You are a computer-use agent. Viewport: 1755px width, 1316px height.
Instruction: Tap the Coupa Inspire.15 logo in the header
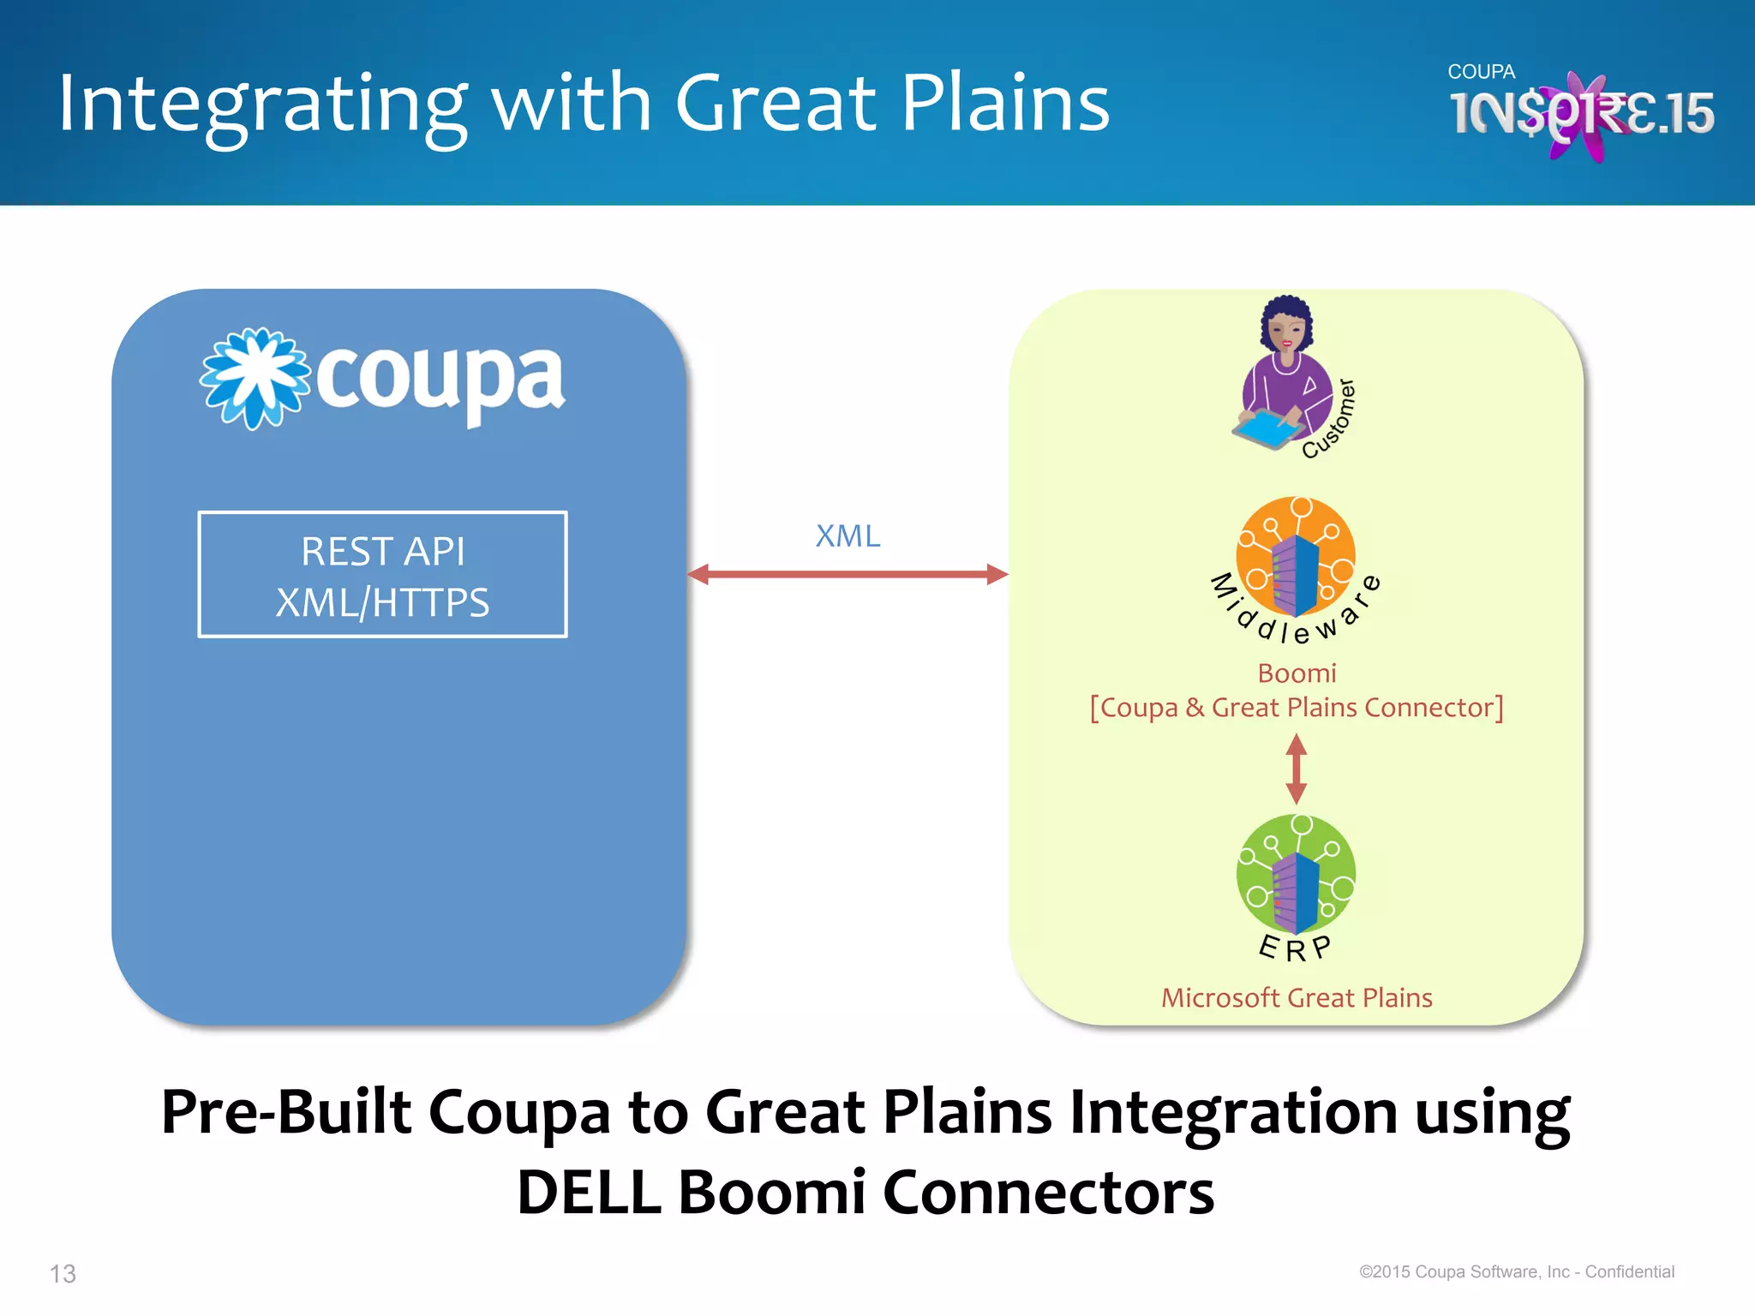[1580, 111]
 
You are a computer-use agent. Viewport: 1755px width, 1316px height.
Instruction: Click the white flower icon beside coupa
[255, 378]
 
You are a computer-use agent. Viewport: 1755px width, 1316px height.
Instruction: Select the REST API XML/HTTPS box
[382, 575]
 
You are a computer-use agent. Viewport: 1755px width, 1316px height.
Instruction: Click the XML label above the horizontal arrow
[848, 536]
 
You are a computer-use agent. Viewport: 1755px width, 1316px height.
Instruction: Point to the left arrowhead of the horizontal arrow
[699, 574]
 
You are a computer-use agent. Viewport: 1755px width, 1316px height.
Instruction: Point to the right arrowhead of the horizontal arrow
[997, 574]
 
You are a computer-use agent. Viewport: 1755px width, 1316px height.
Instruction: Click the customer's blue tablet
[1267, 428]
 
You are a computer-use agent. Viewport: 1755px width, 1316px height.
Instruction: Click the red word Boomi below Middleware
[1297, 673]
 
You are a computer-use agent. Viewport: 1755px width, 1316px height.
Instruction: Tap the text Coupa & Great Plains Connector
[1297, 708]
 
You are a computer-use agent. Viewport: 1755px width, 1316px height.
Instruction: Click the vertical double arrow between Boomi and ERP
[1297, 769]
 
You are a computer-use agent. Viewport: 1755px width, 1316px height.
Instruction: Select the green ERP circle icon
[1296, 874]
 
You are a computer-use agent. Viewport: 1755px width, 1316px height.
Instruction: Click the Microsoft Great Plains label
[1297, 998]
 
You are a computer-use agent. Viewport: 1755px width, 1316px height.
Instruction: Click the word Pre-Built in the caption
[286, 1112]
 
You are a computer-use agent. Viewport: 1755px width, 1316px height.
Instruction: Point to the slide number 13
[63, 1274]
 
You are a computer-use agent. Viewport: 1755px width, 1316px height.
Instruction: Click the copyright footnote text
[1516, 1272]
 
